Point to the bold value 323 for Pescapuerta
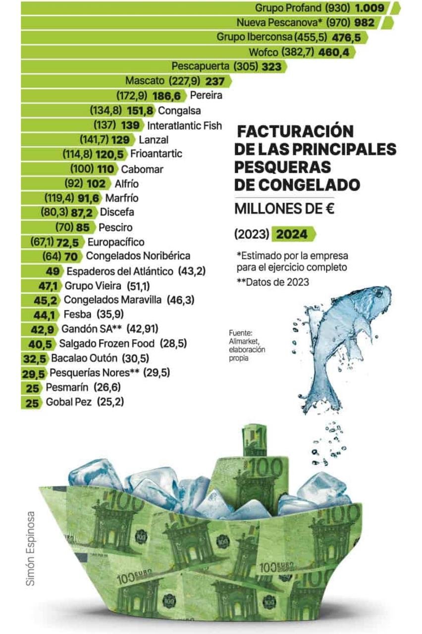(x=271, y=66)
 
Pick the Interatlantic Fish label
(x=185, y=125)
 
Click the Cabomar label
(x=142, y=169)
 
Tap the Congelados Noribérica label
(x=138, y=256)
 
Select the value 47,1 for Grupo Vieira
(x=49, y=285)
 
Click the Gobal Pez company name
(x=69, y=402)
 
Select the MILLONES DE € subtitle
(x=284, y=209)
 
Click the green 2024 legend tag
(x=293, y=234)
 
